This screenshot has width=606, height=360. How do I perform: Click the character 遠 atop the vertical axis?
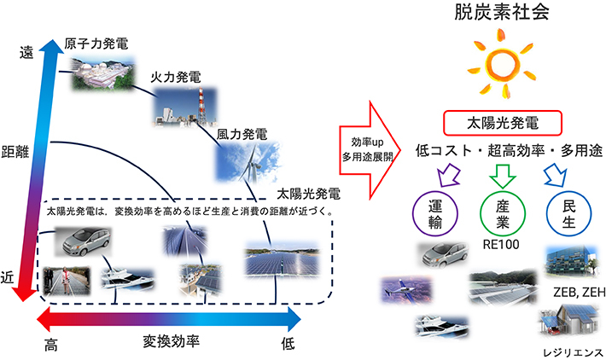[27, 53]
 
